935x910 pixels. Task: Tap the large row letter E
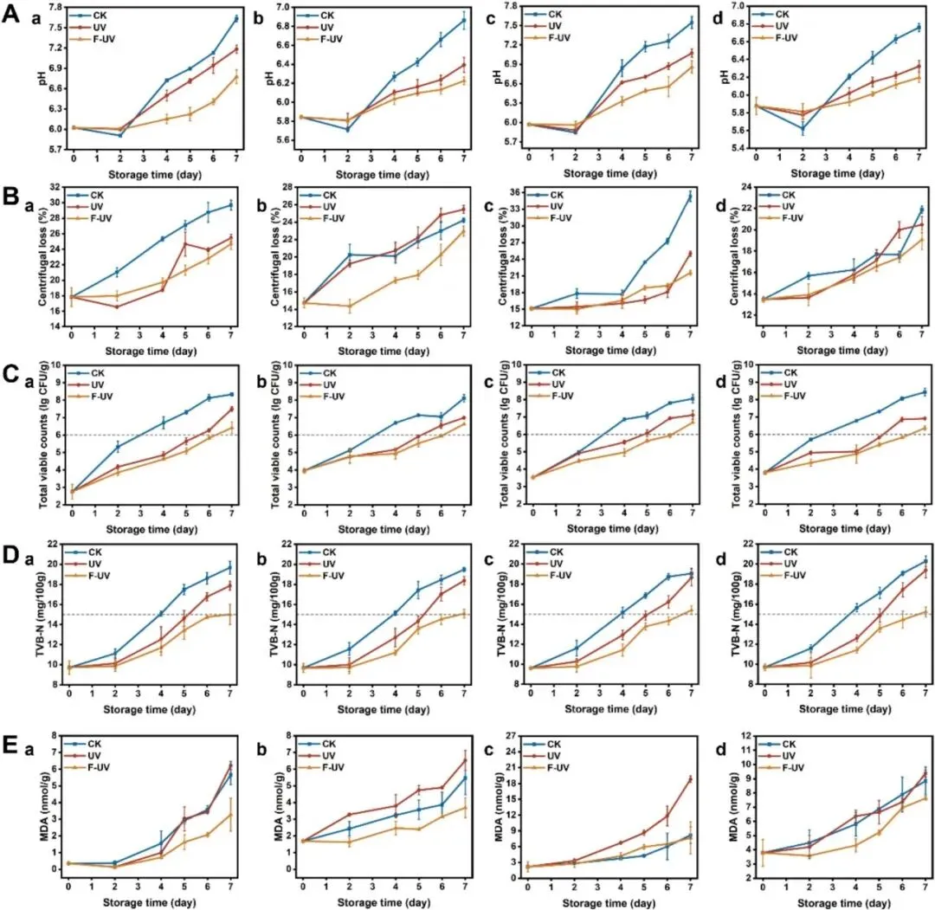pos(10,745)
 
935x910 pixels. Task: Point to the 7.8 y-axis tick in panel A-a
pos(55,8)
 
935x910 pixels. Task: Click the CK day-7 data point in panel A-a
pos(236,19)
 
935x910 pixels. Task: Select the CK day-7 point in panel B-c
pos(691,197)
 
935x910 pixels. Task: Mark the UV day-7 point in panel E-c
pos(691,778)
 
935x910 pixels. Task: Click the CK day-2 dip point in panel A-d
pos(803,128)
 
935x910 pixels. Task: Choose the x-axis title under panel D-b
pos(384,710)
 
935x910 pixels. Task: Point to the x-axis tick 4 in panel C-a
pos(164,513)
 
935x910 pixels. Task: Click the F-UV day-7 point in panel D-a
pos(230,614)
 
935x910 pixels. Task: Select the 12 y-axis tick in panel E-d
pos(745,736)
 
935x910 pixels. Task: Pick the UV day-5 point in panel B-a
pos(185,243)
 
